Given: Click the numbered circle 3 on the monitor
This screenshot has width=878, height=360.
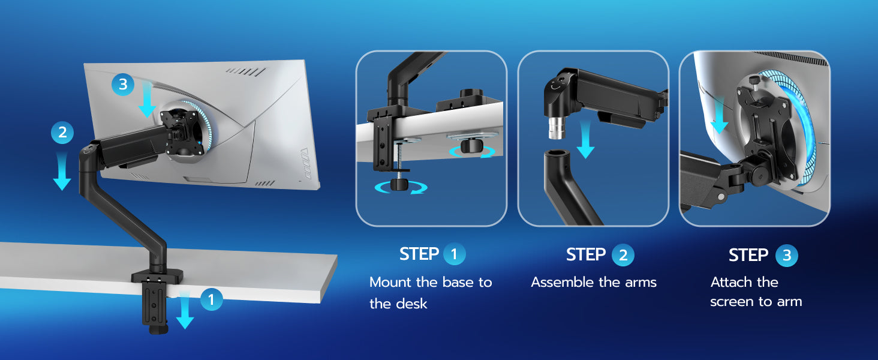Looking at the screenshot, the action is point(123,85).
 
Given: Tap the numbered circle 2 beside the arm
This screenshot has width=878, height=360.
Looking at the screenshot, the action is point(62,133).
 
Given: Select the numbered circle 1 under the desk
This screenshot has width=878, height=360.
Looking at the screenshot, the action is point(212,299).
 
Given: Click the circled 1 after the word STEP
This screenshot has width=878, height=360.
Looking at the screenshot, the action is point(454,254).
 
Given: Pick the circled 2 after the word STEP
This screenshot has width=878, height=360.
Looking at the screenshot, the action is point(623,255).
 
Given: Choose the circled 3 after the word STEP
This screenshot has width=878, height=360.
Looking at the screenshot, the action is point(787,256).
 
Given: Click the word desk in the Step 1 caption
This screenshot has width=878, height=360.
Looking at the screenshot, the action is point(411,304).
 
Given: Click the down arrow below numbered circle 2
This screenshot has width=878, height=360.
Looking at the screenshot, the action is point(62,172).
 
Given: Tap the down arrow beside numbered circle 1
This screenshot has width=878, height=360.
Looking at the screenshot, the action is point(185,310).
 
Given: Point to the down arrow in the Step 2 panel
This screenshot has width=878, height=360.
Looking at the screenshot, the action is point(585,139).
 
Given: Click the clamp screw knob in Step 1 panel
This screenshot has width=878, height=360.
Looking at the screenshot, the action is point(399,184).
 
